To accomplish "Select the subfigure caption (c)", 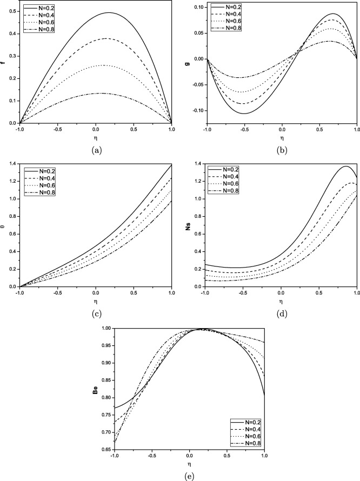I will point(96,311).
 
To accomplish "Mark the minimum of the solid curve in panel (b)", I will point(244,113).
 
